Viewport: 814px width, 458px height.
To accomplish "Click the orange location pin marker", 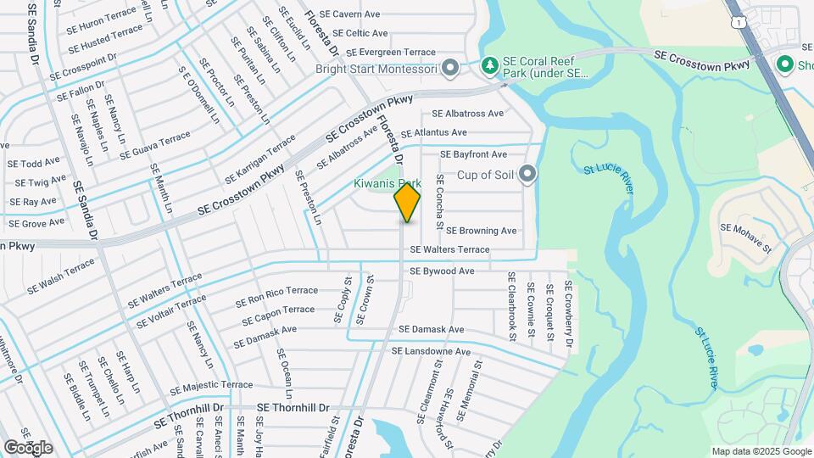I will coord(407,203).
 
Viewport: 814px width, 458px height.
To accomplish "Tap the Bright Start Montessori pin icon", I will coord(450,67).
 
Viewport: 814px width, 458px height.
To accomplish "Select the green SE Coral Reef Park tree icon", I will coord(489,65).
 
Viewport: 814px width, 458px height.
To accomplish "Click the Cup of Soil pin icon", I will coord(528,175).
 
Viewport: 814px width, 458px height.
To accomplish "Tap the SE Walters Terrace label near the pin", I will coord(449,250).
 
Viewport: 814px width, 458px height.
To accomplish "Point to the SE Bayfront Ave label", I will coord(474,154).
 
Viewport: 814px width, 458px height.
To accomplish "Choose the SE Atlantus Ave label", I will coord(434,133).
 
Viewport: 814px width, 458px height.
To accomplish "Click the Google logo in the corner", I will coord(28,448).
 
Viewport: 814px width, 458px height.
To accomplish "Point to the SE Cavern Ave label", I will coord(344,14).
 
